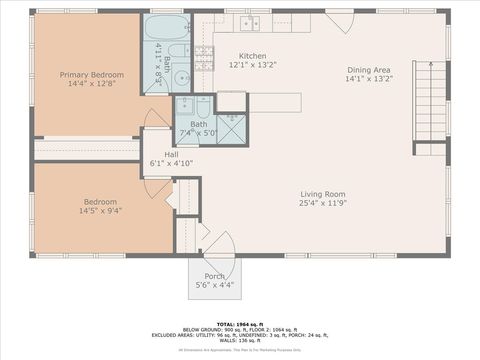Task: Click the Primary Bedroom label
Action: [92, 75]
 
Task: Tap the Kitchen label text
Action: [253, 56]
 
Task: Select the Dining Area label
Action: [369, 69]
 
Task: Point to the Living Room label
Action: [323, 194]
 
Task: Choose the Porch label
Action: [215, 276]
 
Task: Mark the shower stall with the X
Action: [230, 129]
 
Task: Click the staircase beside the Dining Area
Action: [430, 100]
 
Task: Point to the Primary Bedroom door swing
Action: [156, 120]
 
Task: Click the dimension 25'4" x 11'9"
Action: [323, 203]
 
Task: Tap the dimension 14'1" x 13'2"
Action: [369, 78]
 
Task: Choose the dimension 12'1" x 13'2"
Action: [253, 65]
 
